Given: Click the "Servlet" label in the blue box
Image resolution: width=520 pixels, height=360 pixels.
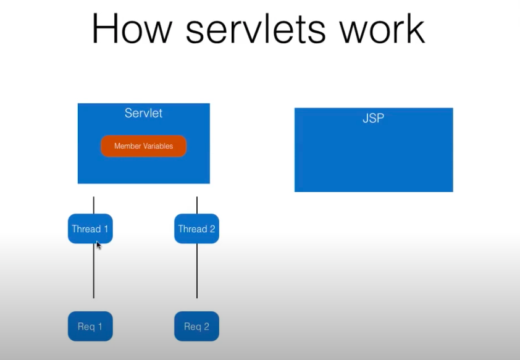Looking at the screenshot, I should [x=143, y=114].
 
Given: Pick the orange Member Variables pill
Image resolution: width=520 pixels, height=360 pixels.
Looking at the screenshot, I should [x=143, y=146].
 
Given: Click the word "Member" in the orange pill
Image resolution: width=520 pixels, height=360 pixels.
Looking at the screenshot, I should [x=127, y=146].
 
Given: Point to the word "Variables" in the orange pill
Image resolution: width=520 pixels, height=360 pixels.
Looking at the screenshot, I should [x=157, y=146].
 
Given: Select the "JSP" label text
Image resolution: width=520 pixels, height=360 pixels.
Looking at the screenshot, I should [x=373, y=119].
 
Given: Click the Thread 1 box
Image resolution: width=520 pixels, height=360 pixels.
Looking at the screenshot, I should [x=90, y=228].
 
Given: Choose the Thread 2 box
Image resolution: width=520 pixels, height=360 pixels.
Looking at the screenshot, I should [x=196, y=228].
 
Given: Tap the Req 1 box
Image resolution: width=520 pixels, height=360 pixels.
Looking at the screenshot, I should [x=90, y=326].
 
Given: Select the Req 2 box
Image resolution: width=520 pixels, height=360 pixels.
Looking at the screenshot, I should [x=196, y=326].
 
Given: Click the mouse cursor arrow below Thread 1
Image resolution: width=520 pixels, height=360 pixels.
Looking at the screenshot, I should [x=98, y=245].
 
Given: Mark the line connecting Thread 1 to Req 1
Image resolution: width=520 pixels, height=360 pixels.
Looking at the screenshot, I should [x=93, y=275].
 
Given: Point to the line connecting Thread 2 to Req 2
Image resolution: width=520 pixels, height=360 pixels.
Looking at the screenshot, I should [x=197, y=272].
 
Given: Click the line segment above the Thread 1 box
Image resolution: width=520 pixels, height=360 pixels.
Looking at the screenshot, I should [x=93, y=205].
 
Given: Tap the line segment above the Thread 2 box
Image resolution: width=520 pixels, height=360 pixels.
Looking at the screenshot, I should [x=197, y=205].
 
